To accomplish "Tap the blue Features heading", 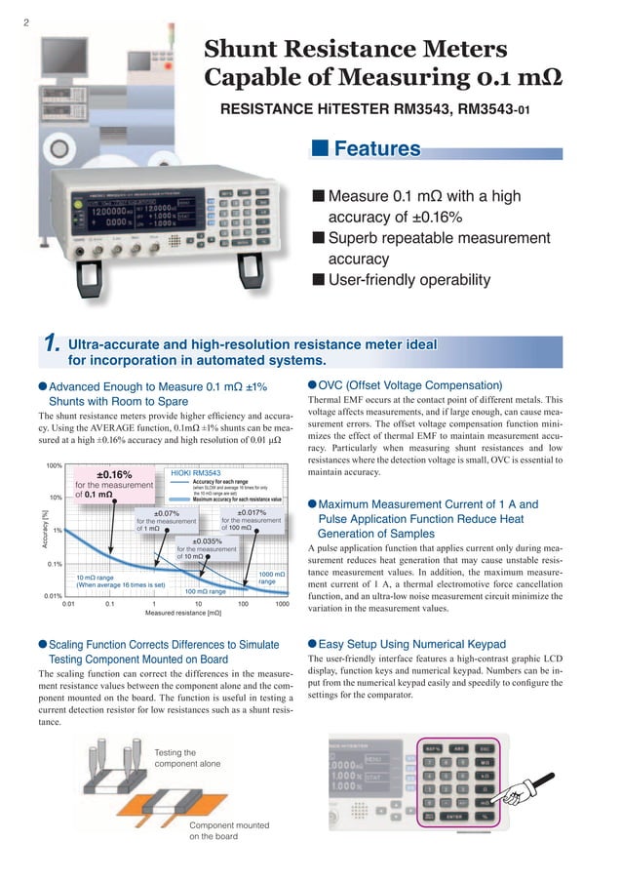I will pos(377,149).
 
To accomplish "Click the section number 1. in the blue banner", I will pos(53,344).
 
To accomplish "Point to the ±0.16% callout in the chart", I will pos(113,474).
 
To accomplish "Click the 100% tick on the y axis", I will pos(54,465).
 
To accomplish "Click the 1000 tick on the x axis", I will pos(282,605).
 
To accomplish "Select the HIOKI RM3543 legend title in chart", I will pos(196,472).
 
